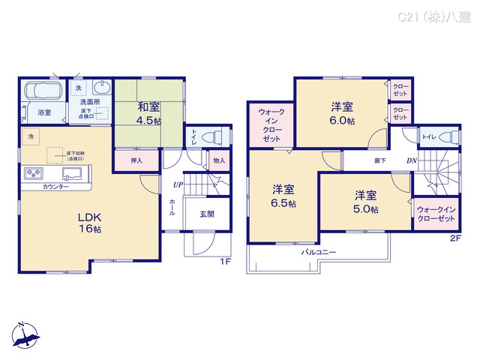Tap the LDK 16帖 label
click(89, 223)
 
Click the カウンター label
click(56, 187)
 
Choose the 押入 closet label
click(136, 160)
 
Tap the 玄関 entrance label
click(207, 214)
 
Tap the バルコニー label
click(319, 252)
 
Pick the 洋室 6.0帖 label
click(341, 112)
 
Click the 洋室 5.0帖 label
click(367, 200)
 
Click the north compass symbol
click(24, 336)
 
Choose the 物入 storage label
click(218, 160)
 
